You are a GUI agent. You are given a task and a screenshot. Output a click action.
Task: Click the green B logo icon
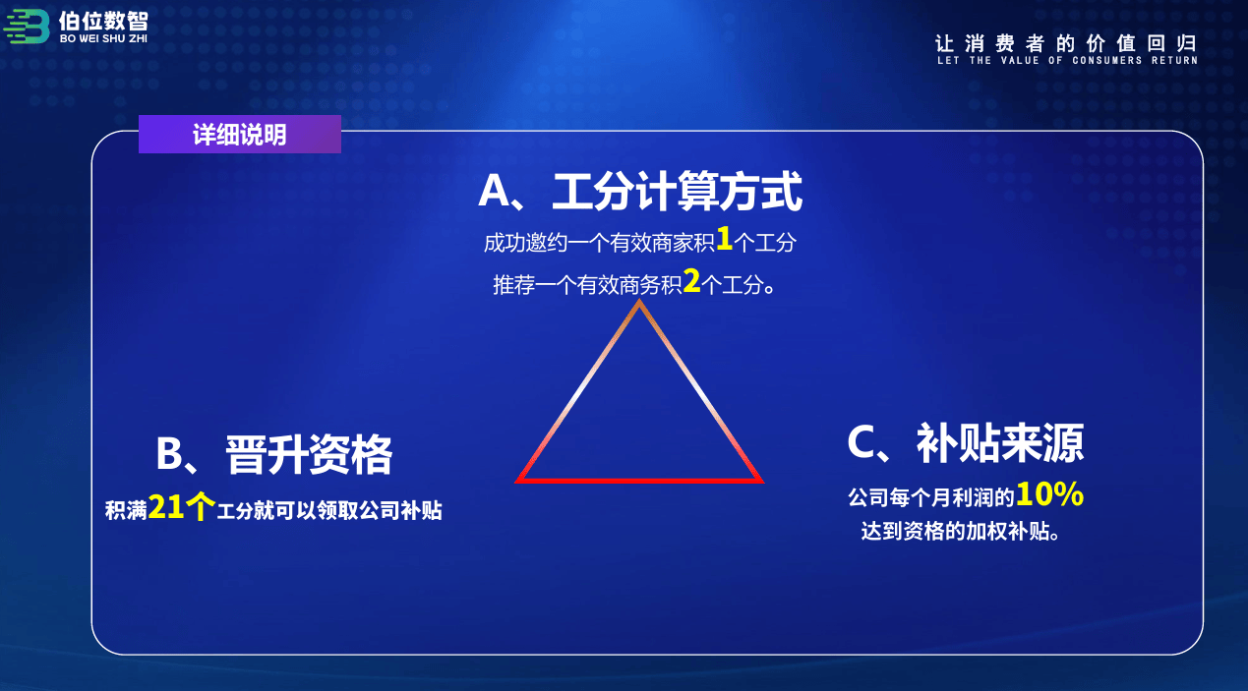(27, 26)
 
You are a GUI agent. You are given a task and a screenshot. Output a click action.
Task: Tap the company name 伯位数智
(103, 22)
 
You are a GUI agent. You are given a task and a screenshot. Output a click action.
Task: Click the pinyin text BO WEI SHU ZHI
(103, 39)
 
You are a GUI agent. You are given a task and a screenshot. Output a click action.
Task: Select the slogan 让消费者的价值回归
(1066, 43)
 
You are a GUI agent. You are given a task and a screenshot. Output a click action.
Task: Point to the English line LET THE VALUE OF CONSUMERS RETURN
(1067, 60)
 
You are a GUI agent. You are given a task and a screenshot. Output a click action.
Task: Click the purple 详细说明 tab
(240, 135)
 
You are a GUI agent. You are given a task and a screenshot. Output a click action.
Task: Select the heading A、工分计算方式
(640, 191)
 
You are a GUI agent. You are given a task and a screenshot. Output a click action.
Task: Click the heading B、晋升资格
(274, 454)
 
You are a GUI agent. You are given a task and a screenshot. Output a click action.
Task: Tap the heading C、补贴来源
(966, 443)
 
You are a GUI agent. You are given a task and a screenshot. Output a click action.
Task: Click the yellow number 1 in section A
(724, 238)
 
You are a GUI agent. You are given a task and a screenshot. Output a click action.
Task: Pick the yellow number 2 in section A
(691, 281)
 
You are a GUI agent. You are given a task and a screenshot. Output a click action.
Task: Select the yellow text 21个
(182, 507)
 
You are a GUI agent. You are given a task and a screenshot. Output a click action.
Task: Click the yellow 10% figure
(1049, 493)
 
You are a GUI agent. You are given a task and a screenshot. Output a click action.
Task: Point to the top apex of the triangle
(639, 301)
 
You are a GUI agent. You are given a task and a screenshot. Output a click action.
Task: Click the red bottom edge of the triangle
(639, 481)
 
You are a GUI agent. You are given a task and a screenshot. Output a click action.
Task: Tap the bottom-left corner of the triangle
(516, 482)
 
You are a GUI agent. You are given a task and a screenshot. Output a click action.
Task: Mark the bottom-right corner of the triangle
(763, 482)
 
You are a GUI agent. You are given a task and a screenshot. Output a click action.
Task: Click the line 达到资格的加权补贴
(960, 531)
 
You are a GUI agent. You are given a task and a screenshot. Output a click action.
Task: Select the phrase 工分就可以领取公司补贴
(329, 510)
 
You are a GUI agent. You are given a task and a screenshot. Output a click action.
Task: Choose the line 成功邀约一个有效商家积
(599, 243)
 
